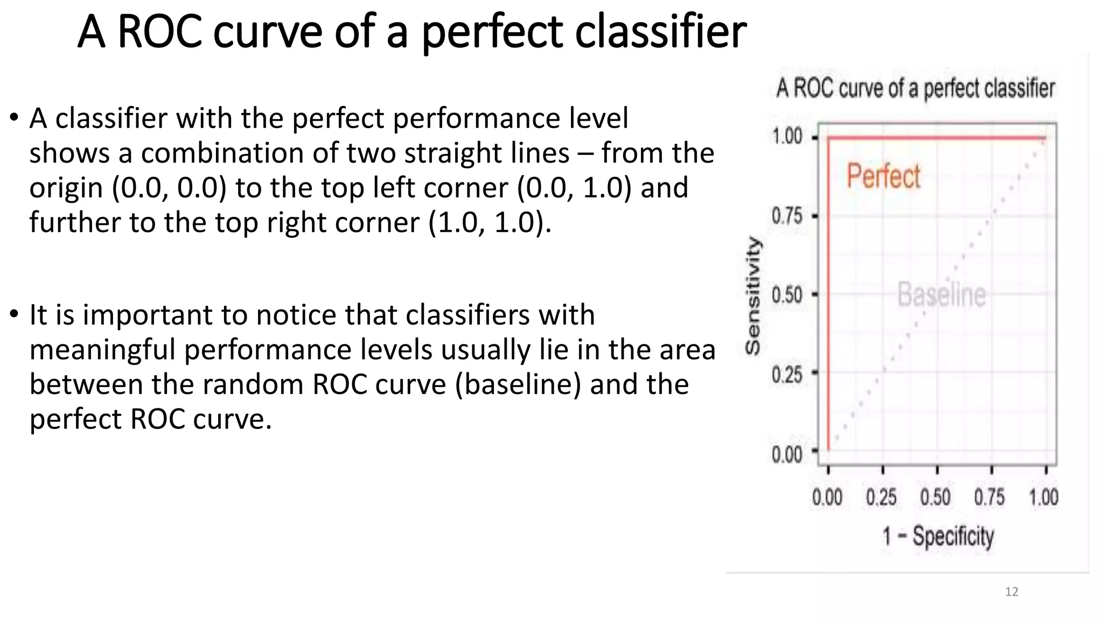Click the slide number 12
pos(1011,592)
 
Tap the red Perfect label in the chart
pos(883,177)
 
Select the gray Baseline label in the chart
pos(941,295)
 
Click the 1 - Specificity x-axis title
pos(938,537)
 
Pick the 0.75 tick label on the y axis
pos(787,216)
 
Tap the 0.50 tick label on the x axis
pos(936,497)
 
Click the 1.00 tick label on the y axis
pos(787,137)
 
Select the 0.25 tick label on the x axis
pos(881,497)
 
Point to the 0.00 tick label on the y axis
pos(787,455)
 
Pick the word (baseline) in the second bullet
pos(518,385)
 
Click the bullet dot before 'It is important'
pos(15,314)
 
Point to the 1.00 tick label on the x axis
pos(1044,497)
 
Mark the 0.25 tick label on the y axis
pos(787,374)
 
